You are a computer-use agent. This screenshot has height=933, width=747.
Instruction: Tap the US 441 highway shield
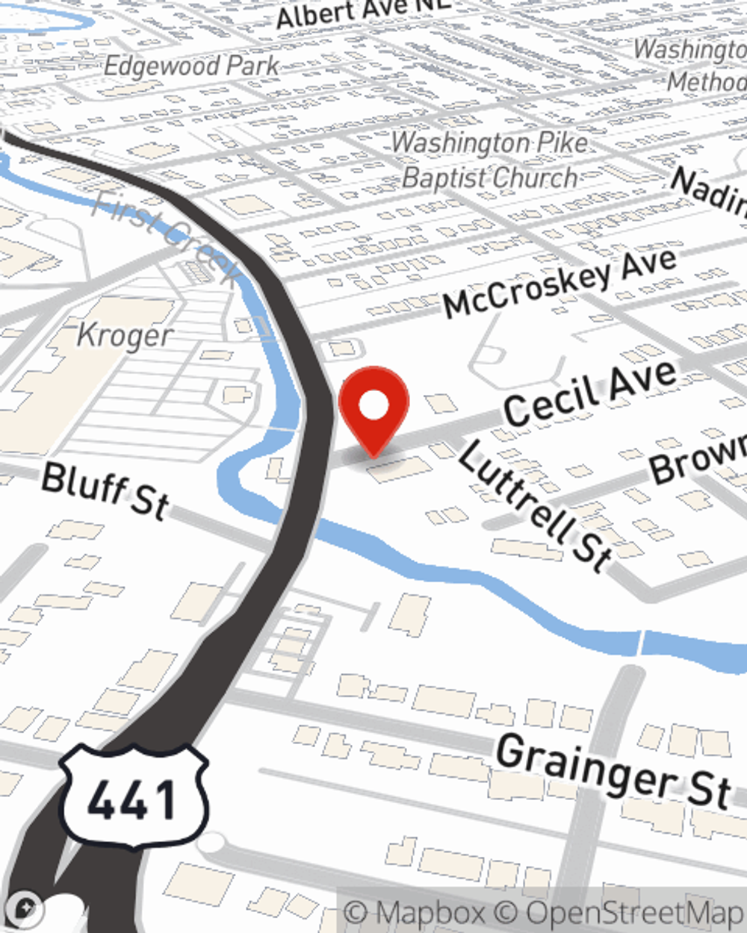click(x=132, y=796)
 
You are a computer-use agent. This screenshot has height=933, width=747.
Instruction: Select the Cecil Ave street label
click(x=590, y=393)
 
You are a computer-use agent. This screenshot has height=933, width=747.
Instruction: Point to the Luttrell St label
click(x=535, y=506)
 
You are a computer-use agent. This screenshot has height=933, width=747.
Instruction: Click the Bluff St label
click(x=105, y=490)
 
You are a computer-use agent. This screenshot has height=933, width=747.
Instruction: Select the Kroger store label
click(x=125, y=336)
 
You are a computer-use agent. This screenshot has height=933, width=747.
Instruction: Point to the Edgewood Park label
click(x=191, y=66)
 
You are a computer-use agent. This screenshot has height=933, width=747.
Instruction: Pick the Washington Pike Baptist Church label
click(x=490, y=160)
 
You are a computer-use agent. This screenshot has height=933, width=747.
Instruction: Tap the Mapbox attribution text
click(x=415, y=913)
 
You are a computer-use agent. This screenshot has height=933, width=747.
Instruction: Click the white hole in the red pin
click(x=373, y=405)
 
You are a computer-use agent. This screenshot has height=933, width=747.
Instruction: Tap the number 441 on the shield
click(x=132, y=799)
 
